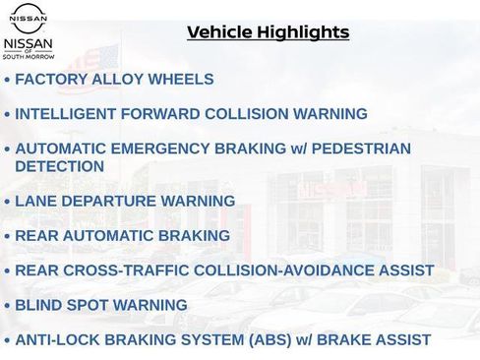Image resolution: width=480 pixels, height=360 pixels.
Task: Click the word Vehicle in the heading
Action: (218, 32)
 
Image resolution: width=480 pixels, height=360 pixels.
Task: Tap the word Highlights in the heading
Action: (302, 32)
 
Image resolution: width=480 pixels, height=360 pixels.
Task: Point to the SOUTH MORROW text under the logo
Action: (29, 57)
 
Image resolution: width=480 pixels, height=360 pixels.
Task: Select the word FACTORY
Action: (50, 80)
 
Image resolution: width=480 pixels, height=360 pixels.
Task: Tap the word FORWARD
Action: (164, 114)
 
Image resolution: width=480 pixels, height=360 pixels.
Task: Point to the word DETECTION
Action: (59, 166)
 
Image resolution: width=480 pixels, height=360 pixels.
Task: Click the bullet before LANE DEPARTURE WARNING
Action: (8, 202)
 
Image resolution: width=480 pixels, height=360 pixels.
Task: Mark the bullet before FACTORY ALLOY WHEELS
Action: (8, 80)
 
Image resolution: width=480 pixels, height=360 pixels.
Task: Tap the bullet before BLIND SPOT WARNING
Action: (8, 305)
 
